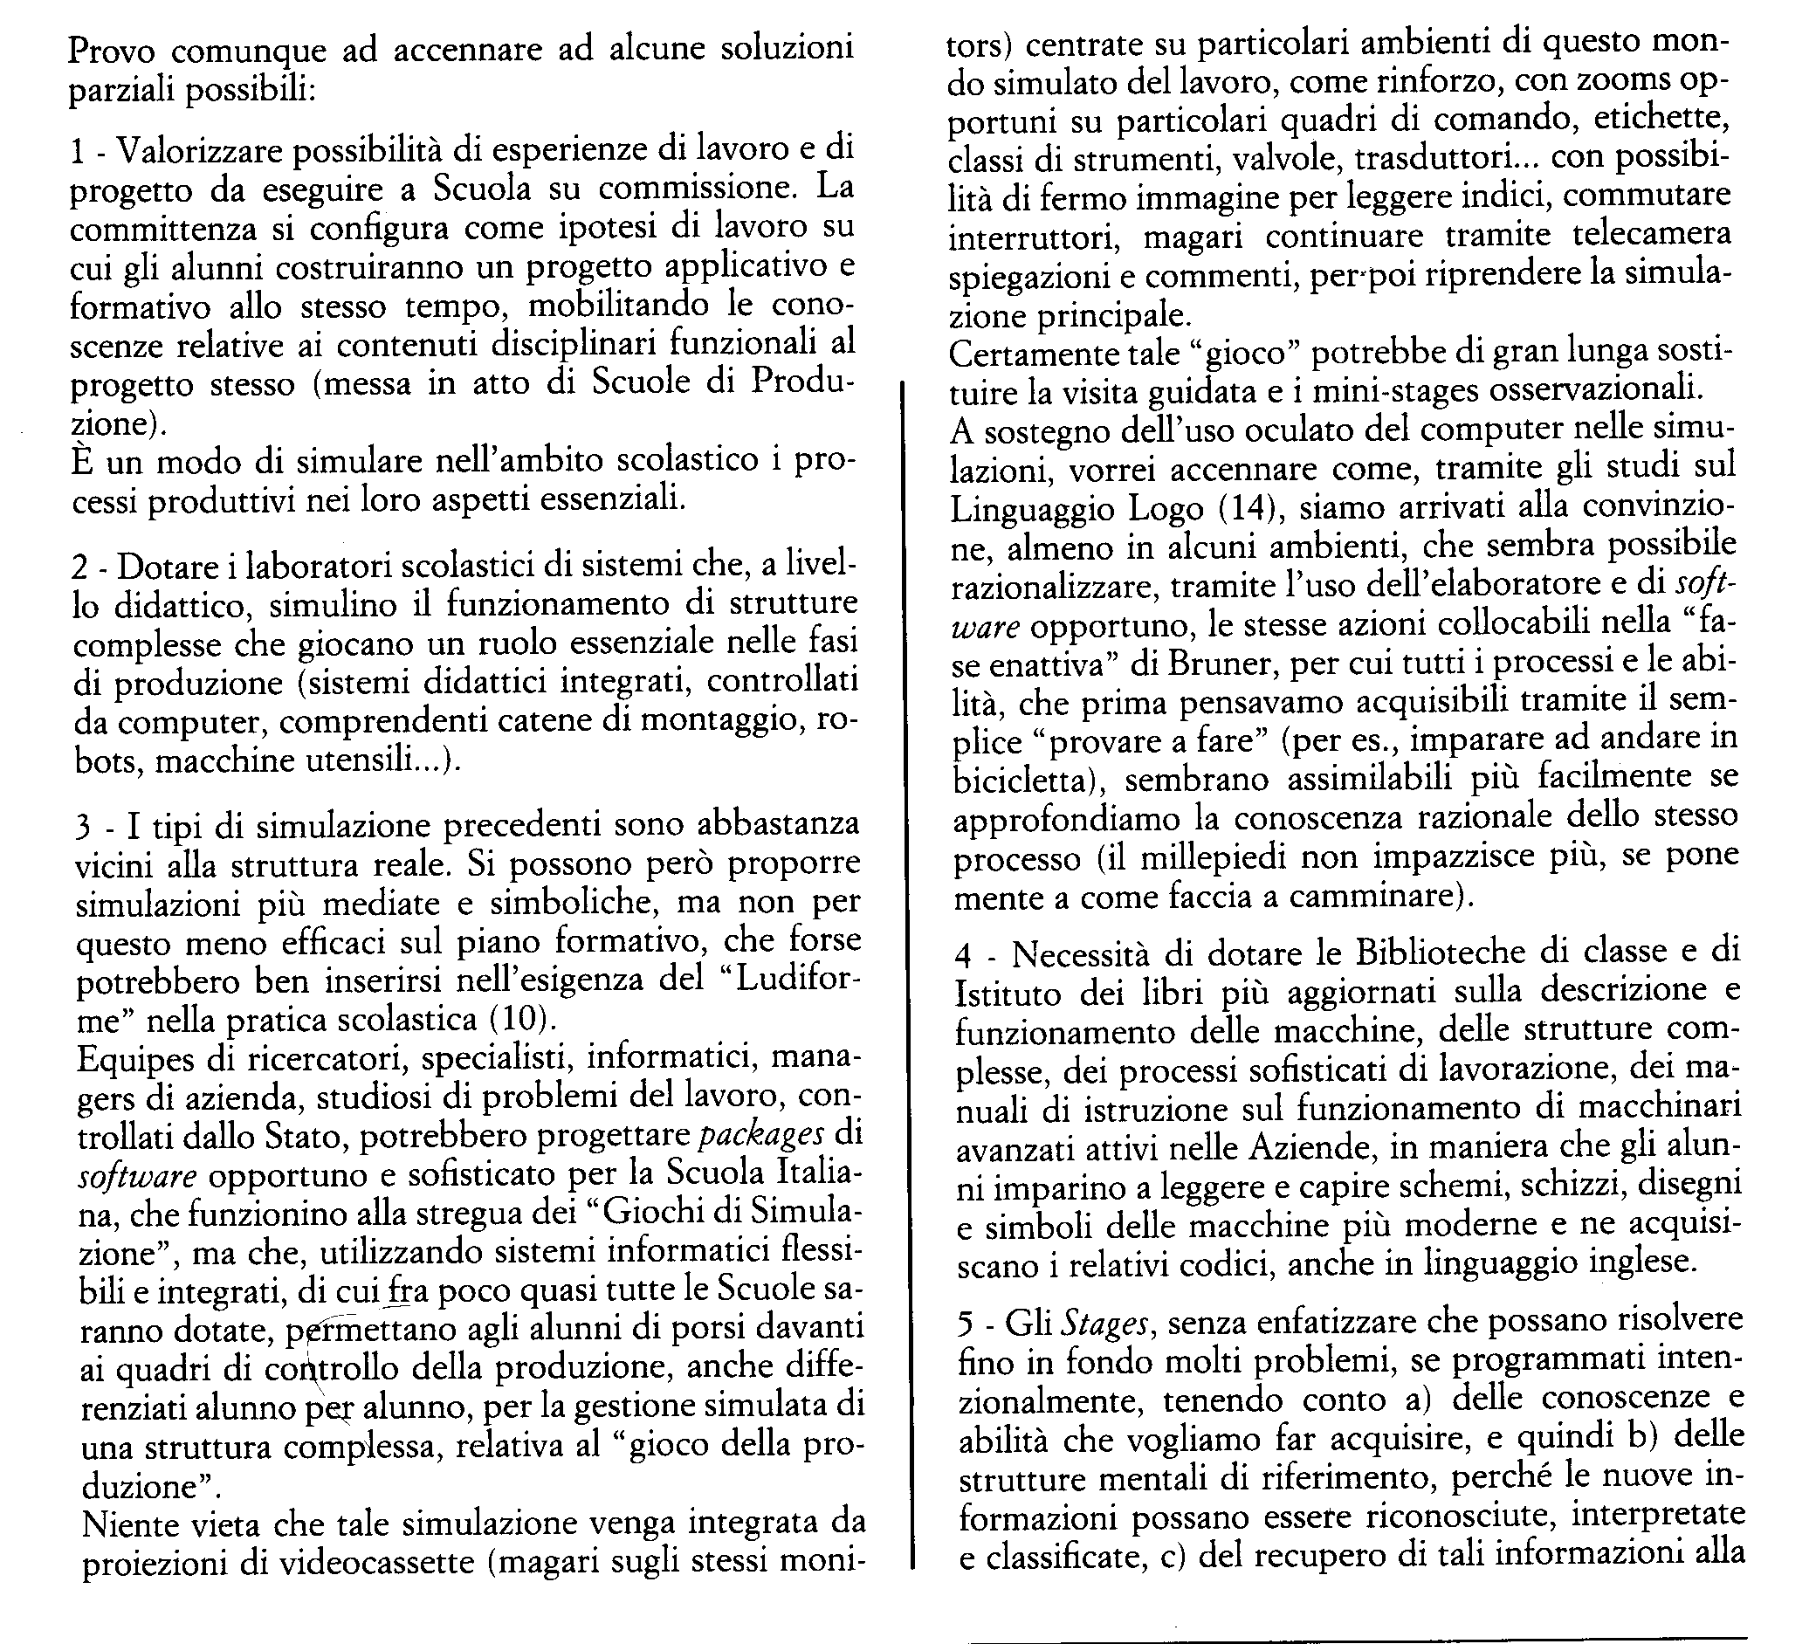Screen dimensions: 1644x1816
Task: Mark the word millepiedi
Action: click(x=1207, y=857)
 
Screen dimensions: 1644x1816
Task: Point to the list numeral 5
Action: click(x=966, y=1324)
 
